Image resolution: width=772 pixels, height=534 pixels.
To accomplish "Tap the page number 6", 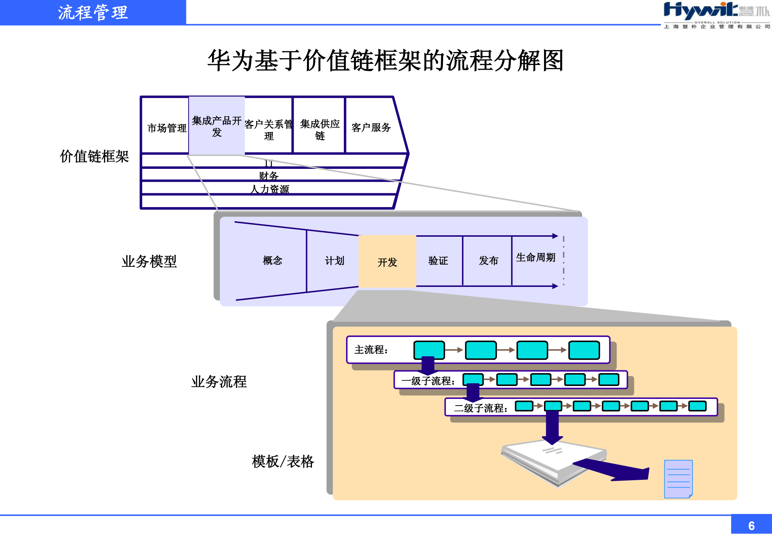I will click(x=751, y=525).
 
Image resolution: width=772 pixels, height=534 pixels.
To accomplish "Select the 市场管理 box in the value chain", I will click(x=167, y=128).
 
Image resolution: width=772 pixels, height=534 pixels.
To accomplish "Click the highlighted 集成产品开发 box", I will click(x=217, y=126).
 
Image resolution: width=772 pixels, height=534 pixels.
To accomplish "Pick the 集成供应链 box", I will click(x=320, y=129).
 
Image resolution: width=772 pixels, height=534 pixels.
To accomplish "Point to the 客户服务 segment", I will click(x=371, y=127).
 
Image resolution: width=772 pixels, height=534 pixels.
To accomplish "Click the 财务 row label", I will click(x=269, y=175).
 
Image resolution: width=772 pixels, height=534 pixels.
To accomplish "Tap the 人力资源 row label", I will click(x=270, y=189).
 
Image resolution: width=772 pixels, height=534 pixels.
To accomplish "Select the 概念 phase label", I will click(x=273, y=261).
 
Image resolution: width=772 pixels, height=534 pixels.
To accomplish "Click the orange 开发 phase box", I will click(x=387, y=262).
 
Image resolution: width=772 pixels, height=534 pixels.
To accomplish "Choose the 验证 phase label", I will click(x=438, y=261).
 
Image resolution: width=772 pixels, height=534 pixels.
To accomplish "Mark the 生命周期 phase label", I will click(x=535, y=257).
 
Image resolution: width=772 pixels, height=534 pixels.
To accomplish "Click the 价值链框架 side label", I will click(x=94, y=156).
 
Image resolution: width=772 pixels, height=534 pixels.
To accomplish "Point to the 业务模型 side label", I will click(x=149, y=261).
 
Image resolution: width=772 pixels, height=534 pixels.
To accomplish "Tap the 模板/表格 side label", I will click(x=283, y=461).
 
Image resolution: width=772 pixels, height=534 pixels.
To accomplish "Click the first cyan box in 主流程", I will click(x=429, y=350).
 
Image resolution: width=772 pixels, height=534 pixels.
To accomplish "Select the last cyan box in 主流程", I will click(x=584, y=350).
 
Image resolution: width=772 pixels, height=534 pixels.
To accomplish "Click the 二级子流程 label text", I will click(x=481, y=408).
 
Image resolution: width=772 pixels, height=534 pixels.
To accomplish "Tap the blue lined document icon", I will click(x=678, y=479).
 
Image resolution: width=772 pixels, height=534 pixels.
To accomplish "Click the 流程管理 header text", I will click(x=93, y=13).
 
